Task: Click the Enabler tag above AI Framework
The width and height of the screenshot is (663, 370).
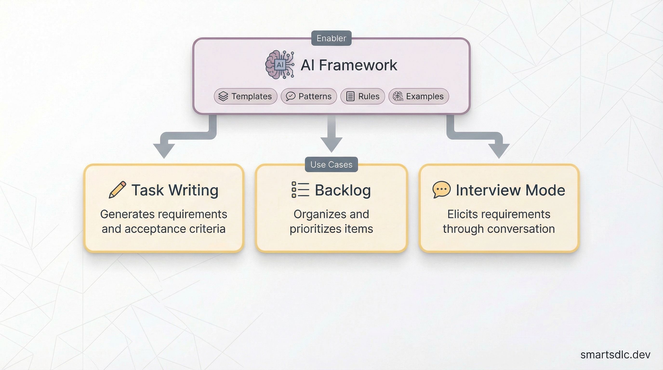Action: click(331, 38)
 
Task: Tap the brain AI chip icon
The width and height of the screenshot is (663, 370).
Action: click(280, 65)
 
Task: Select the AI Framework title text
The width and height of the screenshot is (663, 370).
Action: click(349, 65)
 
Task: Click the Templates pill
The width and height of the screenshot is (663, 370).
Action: click(245, 96)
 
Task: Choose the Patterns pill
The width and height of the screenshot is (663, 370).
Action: click(309, 96)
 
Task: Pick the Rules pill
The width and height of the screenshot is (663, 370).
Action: click(362, 96)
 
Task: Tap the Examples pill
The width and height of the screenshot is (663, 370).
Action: click(418, 96)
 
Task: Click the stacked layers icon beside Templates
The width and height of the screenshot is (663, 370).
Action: click(223, 96)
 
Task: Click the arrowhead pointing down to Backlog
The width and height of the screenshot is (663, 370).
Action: click(331, 144)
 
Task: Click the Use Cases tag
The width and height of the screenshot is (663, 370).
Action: click(331, 165)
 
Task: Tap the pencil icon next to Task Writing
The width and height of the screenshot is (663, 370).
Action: click(117, 190)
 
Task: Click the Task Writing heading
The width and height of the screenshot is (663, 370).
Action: click(175, 190)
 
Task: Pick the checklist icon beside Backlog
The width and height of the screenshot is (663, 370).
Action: click(300, 190)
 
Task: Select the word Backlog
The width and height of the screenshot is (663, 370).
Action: click(343, 190)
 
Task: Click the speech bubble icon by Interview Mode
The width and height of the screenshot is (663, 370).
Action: click(441, 189)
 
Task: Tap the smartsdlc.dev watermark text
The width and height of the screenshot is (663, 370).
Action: click(615, 355)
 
